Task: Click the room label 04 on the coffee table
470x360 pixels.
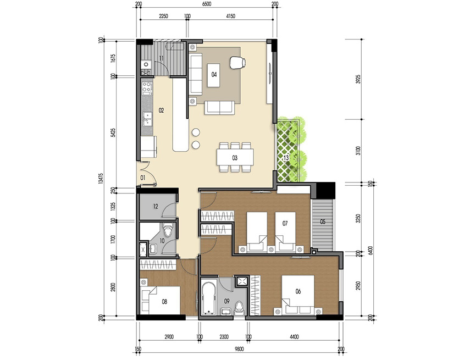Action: pyautogui.click(x=214, y=74)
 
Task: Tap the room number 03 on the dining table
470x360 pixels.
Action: pyautogui.click(x=234, y=158)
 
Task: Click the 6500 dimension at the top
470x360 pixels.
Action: pyautogui.click(x=206, y=4)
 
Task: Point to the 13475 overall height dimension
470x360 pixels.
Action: pyautogui.click(x=101, y=179)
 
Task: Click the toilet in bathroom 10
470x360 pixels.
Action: pyautogui.click(x=169, y=231)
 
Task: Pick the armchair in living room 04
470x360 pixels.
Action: pyautogui.click(x=237, y=63)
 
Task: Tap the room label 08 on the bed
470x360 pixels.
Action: pyautogui.click(x=164, y=301)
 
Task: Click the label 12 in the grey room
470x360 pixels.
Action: pyautogui.click(x=156, y=207)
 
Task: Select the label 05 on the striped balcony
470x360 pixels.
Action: pyautogui.click(x=323, y=223)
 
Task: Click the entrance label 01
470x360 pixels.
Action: pyautogui.click(x=142, y=178)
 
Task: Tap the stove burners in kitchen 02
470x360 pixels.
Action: pyautogui.click(x=147, y=87)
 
